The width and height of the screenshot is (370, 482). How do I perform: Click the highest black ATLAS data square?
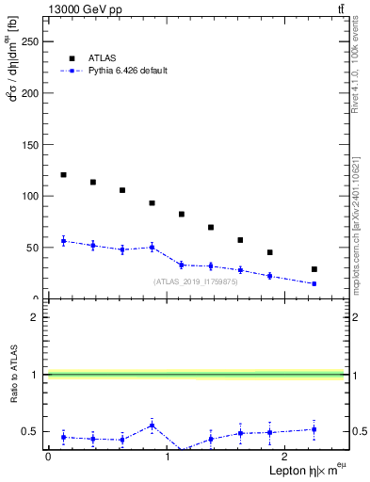63,175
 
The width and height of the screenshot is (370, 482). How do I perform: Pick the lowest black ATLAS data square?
314,269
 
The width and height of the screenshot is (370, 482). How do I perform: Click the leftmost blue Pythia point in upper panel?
63,241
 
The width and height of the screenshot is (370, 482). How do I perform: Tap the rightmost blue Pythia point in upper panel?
314,283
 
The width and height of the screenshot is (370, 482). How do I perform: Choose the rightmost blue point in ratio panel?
314,429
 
